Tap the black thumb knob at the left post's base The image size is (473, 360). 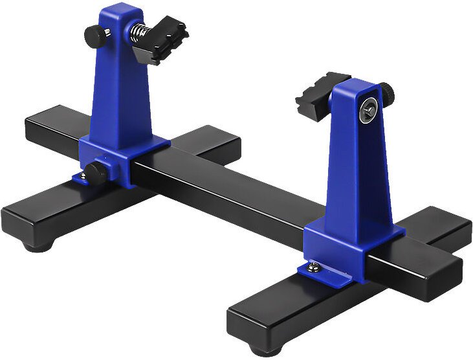pos(97,172)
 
